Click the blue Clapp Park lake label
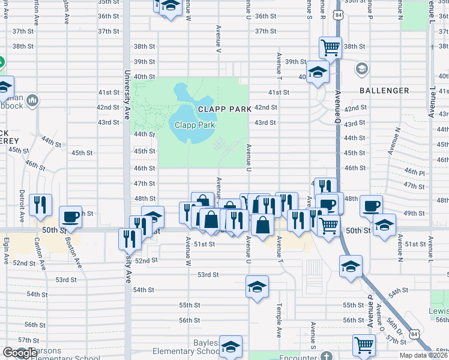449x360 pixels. click(194, 125)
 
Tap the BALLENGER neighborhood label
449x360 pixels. click(384, 91)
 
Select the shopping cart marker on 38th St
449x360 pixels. click(330, 47)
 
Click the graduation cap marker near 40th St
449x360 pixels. click(318, 74)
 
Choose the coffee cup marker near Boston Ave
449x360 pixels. click(71, 217)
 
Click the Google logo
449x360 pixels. click(20, 353)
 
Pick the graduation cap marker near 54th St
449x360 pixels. click(257, 287)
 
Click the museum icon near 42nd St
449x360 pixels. click(32, 100)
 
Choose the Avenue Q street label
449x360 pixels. click(338, 102)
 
